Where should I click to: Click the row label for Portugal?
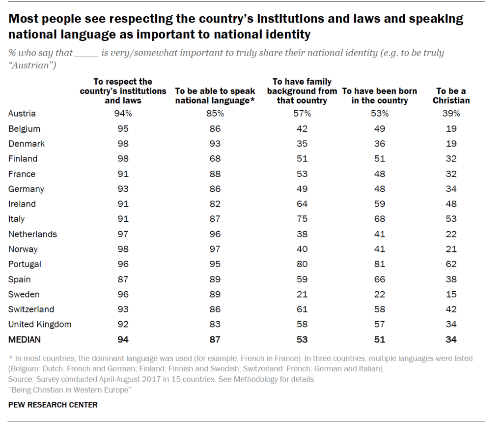25,264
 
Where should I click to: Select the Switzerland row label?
31,309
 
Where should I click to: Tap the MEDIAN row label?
24,339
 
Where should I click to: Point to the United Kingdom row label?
40,324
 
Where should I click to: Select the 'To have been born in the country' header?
379,96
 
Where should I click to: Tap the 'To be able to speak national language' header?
215,96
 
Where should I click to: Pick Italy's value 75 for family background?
302,219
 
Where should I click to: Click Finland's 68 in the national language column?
215,159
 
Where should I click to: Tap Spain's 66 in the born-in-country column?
379,279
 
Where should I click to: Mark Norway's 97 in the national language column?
215,249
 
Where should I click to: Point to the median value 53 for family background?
302,339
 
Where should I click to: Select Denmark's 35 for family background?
302,144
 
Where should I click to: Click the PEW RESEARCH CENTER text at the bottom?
53,405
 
